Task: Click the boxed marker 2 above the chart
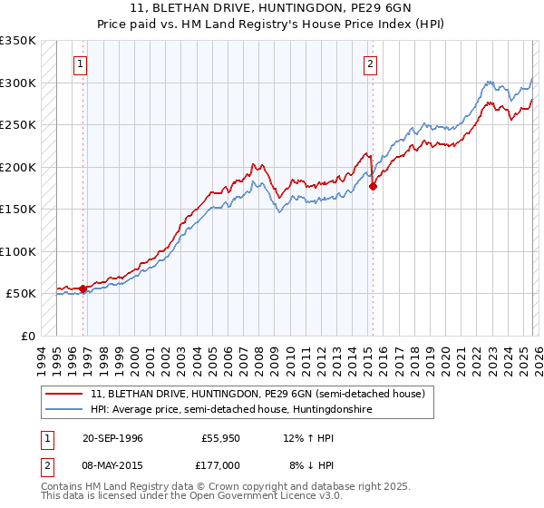[x=372, y=63]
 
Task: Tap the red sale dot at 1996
[x=83, y=288]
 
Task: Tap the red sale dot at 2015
[x=373, y=187]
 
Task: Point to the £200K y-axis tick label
[x=18, y=167]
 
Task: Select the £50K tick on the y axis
[x=21, y=294]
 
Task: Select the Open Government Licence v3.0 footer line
[x=192, y=497]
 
